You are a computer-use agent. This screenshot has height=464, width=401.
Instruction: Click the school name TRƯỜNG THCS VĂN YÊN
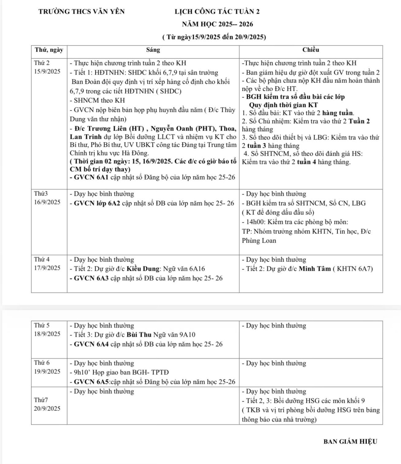tap(81, 12)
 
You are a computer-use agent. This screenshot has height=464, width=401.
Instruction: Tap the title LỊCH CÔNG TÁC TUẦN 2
tap(217, 12)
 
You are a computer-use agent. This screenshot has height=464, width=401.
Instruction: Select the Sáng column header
tap(153, 50)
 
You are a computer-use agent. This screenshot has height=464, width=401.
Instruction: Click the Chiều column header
tap(311, 50)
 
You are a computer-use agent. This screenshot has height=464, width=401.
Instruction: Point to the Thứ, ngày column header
tap(49, 50)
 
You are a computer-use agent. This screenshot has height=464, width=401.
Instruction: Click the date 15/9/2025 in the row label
tap(47, 71)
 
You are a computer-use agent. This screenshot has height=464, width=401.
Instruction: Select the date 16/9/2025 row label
tap(47, 202)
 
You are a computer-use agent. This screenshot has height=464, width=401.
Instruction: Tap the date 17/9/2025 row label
tap(47, 268)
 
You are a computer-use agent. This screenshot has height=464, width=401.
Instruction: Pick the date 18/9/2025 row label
tap(47, 334)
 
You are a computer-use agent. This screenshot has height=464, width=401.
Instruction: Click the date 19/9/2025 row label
tap(47, 372)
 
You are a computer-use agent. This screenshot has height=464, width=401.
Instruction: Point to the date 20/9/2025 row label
tap(47, 408)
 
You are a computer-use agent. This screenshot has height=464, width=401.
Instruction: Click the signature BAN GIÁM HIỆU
tap(350, 442)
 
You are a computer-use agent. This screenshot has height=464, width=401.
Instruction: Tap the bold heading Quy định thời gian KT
tap(283, 105)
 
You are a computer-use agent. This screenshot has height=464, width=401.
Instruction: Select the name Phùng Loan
tap(259, 241)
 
